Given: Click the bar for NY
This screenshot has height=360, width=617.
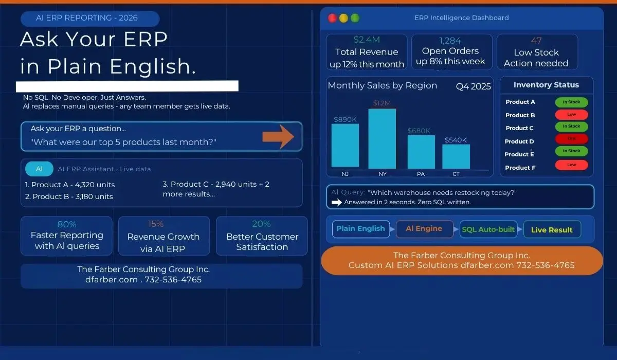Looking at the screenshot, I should pos(382,139).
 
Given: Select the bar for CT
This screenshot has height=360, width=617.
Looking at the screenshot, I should pos(456,156).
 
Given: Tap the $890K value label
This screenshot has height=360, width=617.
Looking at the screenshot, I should pos(345,119).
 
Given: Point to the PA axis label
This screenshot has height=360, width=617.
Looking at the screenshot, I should pos(421,174).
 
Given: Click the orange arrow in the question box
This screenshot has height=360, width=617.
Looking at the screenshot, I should pos(278,136).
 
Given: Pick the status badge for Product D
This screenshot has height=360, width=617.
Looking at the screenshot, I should pos(571,139).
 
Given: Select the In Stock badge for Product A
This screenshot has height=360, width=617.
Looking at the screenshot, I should pos(571,102).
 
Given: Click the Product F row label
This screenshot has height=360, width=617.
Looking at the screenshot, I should pos(520,168).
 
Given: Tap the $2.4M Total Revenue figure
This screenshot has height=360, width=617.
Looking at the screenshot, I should pos(366,40).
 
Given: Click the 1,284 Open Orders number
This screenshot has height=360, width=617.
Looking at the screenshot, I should pos(450,40).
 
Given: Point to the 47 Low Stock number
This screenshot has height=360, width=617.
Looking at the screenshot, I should pos(536,41).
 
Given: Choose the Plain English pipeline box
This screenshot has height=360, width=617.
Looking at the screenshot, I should pos(360,229).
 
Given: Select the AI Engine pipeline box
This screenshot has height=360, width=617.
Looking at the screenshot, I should pos(425,229).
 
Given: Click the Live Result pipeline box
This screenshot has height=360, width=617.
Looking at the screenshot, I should pos(552,229).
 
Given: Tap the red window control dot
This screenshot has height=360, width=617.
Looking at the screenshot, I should pos(332,18).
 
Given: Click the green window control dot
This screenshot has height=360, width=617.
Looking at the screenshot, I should pos(355,18).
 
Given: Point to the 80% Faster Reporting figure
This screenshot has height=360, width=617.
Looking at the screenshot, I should pos(67,224).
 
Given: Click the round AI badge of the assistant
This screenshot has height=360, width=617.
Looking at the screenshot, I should pos(39,169).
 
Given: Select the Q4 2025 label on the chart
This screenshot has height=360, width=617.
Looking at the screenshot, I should pos(473,86).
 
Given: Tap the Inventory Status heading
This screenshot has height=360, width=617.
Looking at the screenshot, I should pos(546,85).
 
